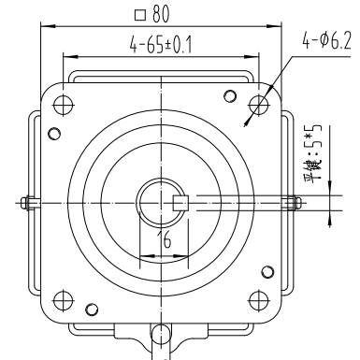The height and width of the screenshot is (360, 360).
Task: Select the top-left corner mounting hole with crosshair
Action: (65, 104)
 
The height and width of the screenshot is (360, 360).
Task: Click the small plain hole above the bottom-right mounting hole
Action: (269, 272)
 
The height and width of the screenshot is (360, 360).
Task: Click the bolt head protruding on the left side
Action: (31, 201)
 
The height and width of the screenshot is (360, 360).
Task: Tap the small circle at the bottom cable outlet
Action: (162, 332)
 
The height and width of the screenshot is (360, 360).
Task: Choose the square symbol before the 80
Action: (139, 15)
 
